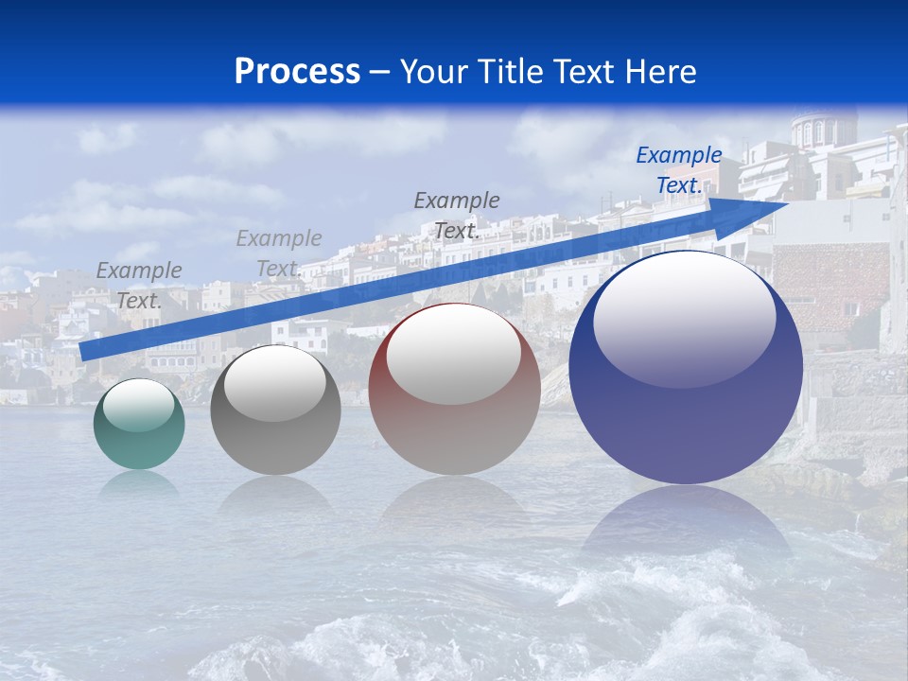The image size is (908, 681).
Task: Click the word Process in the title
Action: tap(297, 72)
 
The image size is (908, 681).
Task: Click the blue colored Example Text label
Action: tap(678, 170)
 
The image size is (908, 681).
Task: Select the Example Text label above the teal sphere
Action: tap(138, 285)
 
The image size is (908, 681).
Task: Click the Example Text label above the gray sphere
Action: tap(278, 253)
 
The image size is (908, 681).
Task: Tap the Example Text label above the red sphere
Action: tap(456, 215)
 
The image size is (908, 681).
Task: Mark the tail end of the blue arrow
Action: tap(85, 352)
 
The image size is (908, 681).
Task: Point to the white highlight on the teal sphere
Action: tap(138, 405)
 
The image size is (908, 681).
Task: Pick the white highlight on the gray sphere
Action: tap(274, 382)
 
